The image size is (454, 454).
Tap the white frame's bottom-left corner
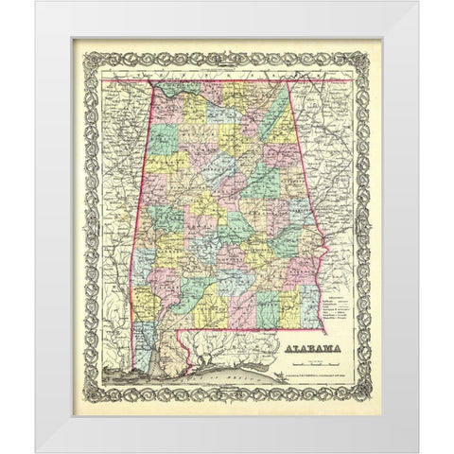36,451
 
